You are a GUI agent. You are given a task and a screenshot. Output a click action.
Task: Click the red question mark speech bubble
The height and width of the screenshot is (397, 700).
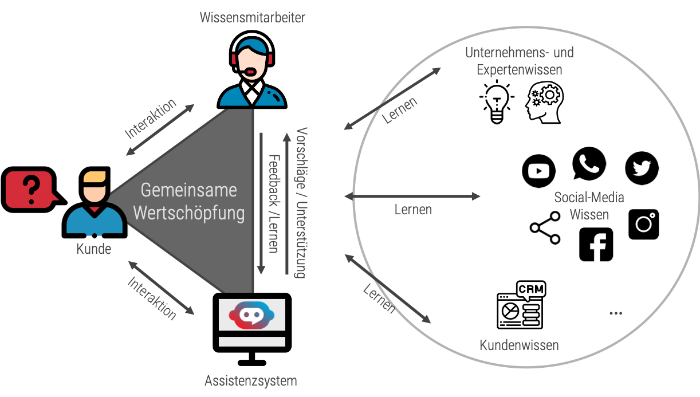coord(29,189)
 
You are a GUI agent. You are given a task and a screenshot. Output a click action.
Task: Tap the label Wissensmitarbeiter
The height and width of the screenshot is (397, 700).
coord(252,17)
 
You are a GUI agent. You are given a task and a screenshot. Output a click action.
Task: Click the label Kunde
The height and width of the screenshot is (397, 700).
coord(94,249)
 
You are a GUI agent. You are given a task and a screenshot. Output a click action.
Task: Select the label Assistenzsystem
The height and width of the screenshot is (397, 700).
coord(251,380)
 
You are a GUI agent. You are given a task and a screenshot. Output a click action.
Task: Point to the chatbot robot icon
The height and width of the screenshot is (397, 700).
coord(252,315)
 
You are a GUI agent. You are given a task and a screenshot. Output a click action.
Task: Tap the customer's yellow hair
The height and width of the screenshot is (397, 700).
coord(95,177)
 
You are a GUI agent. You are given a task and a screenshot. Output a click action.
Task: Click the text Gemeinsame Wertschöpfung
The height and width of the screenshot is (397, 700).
coord(189,201)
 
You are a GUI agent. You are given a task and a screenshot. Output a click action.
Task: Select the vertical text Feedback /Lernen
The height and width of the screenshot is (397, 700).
coord(274,203)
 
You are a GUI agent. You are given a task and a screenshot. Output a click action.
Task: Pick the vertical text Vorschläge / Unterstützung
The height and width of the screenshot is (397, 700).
coord(301,202)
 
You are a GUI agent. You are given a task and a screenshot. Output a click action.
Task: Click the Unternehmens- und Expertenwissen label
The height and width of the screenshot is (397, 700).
coord(519,61)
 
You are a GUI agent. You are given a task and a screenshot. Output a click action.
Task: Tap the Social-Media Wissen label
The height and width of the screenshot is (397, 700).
coord(589,206)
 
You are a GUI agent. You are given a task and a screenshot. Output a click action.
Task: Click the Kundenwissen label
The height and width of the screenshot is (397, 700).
coord(519,345)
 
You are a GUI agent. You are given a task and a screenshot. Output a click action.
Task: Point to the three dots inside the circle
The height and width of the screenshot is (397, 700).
coord(616,313)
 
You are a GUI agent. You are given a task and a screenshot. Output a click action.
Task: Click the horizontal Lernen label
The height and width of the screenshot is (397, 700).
coord(413,210)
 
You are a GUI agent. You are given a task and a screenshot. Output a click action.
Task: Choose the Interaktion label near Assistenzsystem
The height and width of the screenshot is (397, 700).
coord(151,298)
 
